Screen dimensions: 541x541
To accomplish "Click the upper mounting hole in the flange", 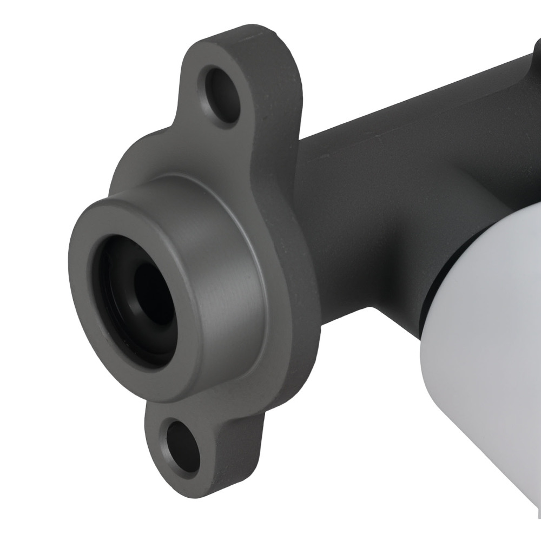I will click(x=222, y=96).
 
